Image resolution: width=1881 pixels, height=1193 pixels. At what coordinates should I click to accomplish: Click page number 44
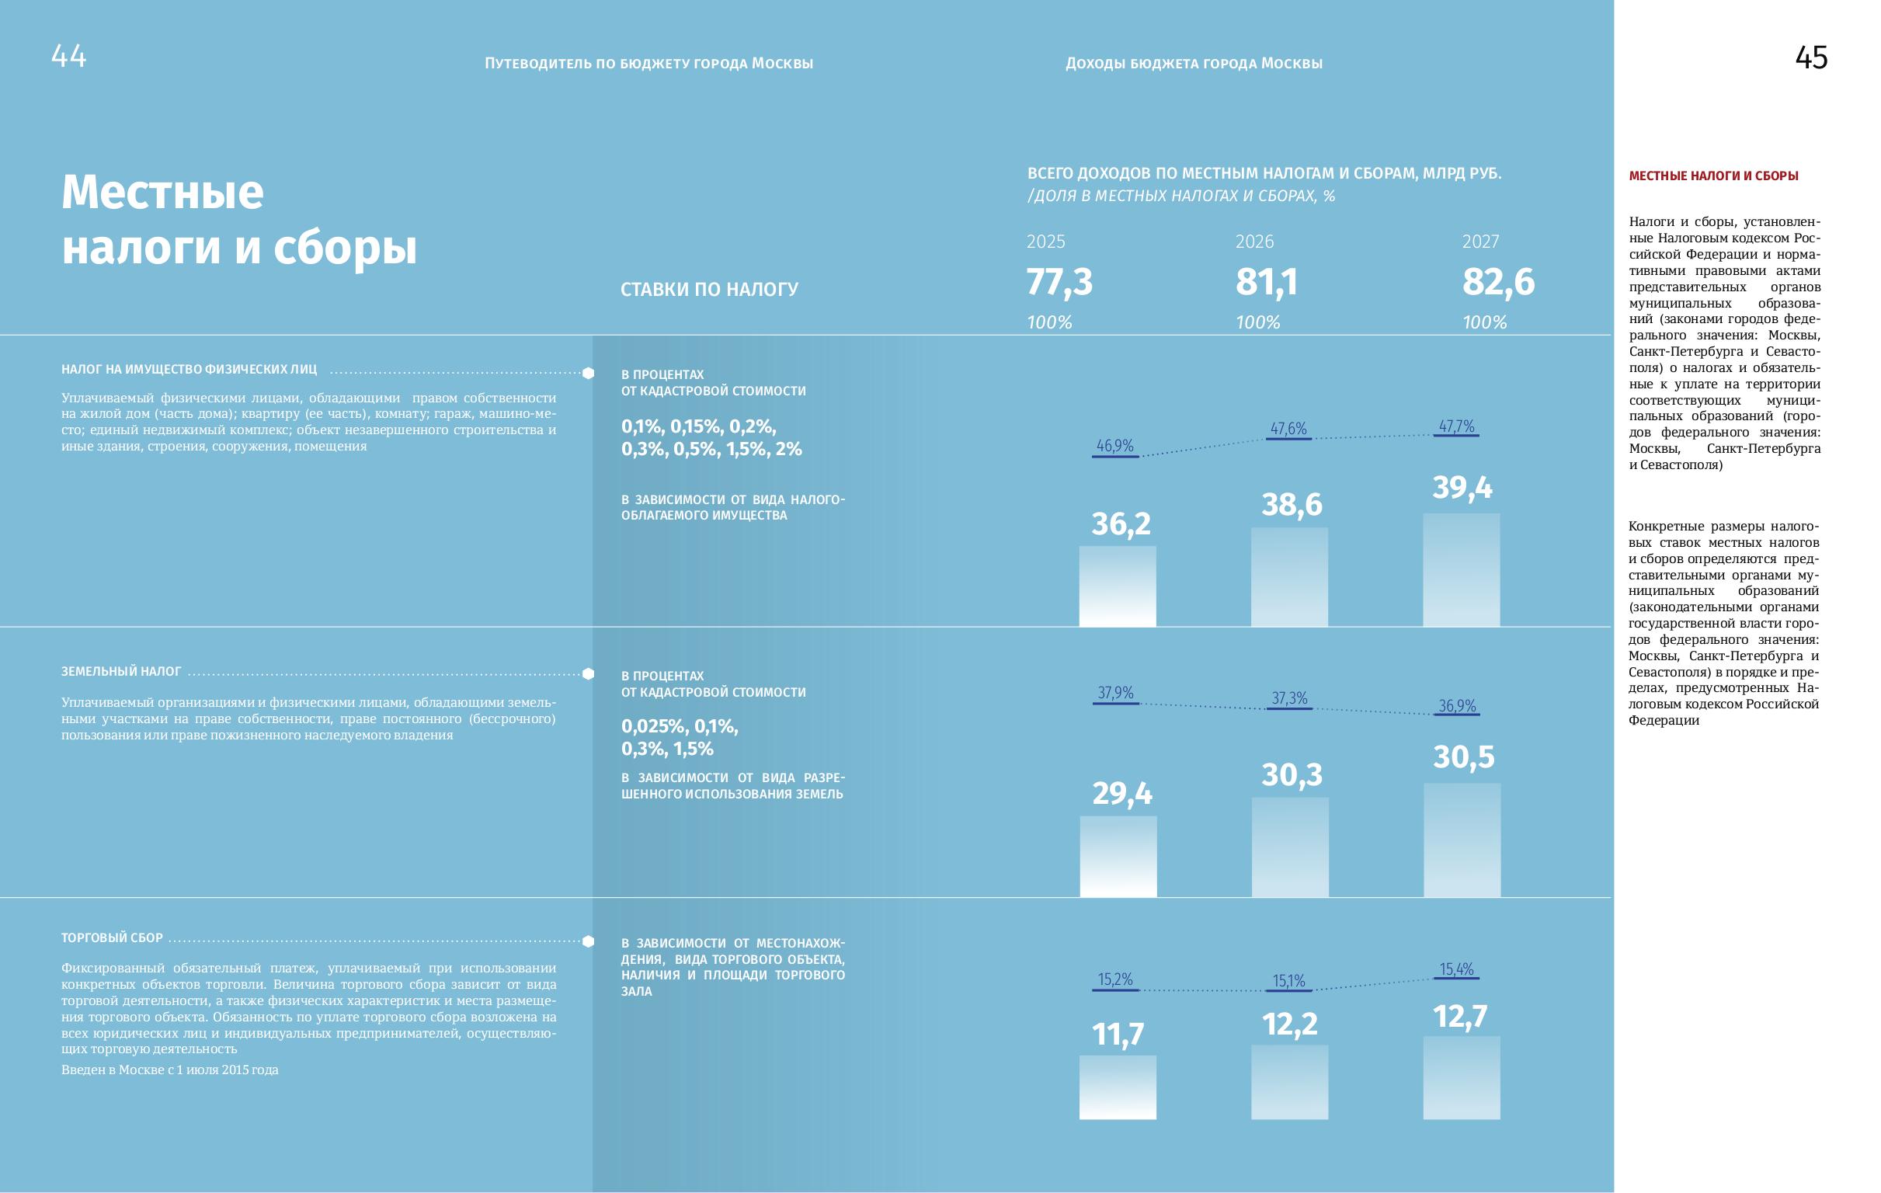[x=69, y=55]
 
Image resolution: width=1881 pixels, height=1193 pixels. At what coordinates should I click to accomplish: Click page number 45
[x=1810, y=57]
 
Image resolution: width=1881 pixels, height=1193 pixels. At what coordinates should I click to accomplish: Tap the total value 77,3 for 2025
[x=1059, y=282]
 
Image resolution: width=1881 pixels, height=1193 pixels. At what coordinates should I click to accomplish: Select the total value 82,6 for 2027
[x=1497, y=282]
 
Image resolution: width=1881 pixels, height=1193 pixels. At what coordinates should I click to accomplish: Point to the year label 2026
[x=1253, y=242]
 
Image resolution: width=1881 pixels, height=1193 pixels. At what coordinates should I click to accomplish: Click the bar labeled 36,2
[x=1117, y=586]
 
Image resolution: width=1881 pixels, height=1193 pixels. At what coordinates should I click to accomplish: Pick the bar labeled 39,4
[x=1461, y=569]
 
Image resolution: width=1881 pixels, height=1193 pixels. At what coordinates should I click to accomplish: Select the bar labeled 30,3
[x=1290, y=847]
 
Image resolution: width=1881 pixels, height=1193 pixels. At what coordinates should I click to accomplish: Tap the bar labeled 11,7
[x=1117, y=1087]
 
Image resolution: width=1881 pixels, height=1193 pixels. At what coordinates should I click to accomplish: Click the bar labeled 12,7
[x=1461, y=1077]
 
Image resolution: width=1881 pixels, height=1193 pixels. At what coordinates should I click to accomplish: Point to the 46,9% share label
[x=1114, y=445]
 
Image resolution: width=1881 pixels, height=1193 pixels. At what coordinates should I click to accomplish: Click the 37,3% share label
[x=1289, y=697]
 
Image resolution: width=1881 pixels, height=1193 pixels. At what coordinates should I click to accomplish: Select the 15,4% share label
[x=1456, y=969]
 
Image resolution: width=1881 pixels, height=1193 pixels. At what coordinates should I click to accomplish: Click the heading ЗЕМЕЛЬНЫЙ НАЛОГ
[x=121, y=671]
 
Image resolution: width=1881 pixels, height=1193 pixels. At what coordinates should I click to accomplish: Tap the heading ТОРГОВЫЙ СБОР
[x=112, y=937]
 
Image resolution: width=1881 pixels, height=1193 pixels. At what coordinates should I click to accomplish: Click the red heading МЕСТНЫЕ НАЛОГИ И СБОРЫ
[x=1713, y=176]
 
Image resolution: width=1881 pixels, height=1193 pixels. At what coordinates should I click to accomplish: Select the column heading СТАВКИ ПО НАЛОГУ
[x=708, y=289]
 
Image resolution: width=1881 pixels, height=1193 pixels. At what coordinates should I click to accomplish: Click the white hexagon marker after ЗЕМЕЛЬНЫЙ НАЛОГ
[x=588, y=673]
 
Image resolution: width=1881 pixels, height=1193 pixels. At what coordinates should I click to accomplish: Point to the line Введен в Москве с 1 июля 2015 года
[x=169, y=1070]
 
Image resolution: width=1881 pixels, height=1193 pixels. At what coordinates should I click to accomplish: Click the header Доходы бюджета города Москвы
[x=1194, y=63]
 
